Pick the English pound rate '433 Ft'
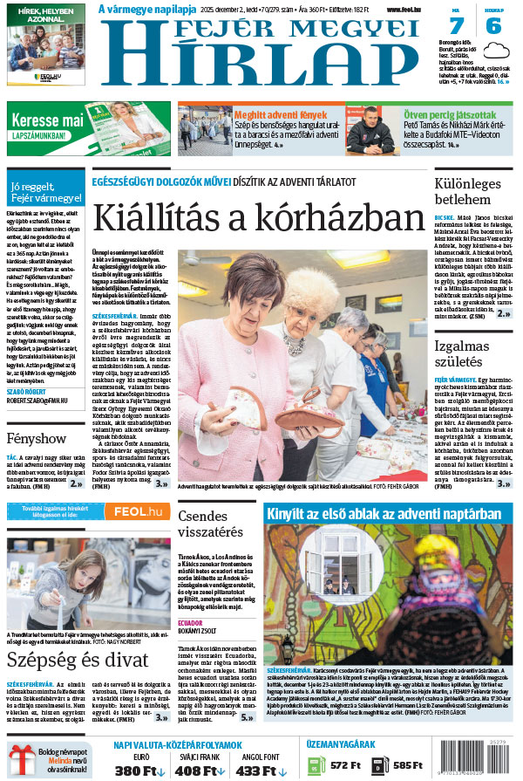click(258, 771)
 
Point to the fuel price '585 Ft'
click(408, 765)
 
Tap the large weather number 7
click(458, 26)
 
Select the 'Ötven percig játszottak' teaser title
click(449, 114)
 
